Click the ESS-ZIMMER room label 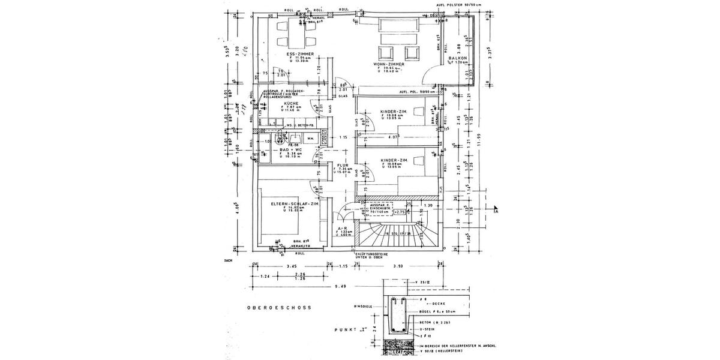tap(301, 54)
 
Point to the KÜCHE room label tap(292, 103)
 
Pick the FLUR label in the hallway tap(343, 164)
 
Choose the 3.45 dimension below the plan tap(292, 265)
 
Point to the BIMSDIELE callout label tap(364, 306)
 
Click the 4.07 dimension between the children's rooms tap(394, 138)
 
